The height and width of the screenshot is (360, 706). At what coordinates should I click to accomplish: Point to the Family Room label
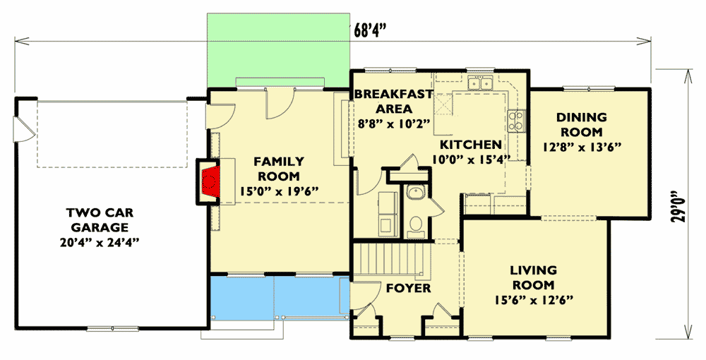click(x=279, y=169)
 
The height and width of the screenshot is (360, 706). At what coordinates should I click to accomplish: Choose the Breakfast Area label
click(x=383, y=102)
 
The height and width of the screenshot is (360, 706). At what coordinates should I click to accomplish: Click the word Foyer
click(x=408, y=288)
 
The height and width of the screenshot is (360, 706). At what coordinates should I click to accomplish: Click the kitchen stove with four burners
click(x=517, y=122)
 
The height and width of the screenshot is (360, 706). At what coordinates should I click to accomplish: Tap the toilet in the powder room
click(x=416, y=224)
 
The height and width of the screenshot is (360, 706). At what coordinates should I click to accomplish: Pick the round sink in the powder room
click(x=415, y=194)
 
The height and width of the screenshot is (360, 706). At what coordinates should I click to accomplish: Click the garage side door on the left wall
click(x=21, y=128)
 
